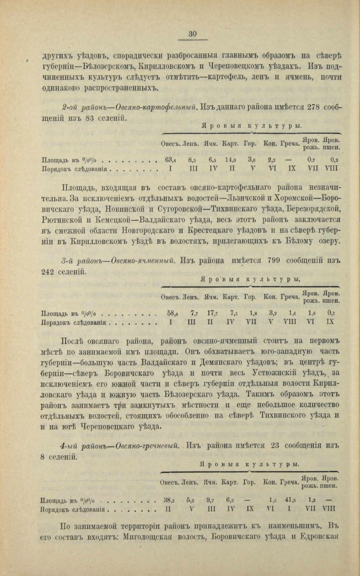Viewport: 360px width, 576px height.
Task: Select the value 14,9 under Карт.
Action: point(230,160)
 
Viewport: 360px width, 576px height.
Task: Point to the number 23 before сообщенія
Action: point(275,445)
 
